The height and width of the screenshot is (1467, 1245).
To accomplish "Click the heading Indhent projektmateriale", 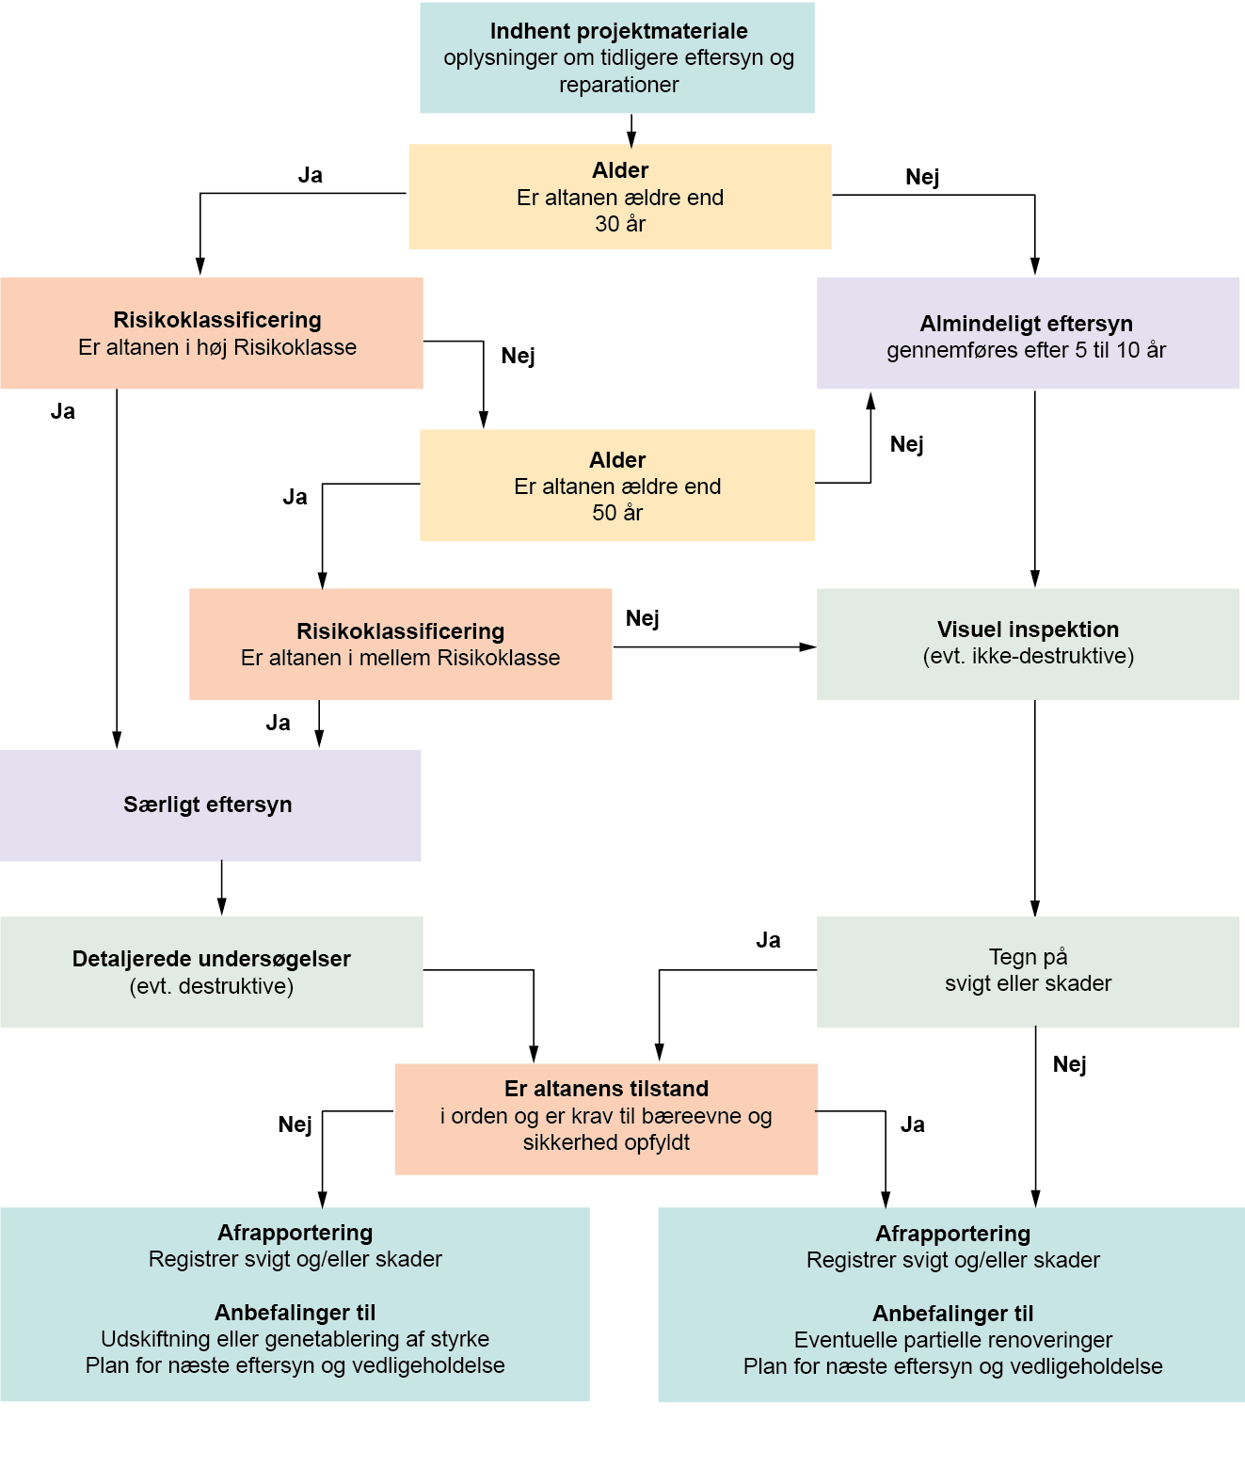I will pos(618,31).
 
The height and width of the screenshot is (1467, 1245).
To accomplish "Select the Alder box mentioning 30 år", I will pos(619,197).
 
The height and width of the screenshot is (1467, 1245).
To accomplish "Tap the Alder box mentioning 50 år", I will pos(616,486).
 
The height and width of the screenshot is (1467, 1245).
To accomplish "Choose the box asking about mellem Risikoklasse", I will pos(400,645).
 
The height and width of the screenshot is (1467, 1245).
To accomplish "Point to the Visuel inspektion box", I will pos(1027,644).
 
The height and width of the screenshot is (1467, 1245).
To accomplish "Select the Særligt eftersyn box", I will pos(209,805).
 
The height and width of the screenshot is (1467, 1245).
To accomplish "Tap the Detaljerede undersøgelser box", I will pos(211,972).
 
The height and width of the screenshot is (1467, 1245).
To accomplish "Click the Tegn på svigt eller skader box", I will pos(1027,971).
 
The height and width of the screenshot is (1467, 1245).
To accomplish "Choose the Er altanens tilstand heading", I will pos(606,1089).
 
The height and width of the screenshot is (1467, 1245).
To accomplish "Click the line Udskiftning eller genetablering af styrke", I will pos(295,1339).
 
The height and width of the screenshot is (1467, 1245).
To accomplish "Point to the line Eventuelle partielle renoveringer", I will pos(952,1340).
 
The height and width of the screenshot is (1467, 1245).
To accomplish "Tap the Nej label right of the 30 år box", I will pos(922,177).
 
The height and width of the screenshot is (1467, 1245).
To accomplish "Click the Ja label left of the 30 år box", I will pos(310,175).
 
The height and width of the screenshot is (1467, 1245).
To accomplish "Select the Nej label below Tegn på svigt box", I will pos(1069,1064).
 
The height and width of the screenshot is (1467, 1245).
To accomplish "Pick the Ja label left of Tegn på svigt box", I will pos(768,940).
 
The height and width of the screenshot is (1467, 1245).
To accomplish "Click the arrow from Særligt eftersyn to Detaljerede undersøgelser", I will pos(222,887).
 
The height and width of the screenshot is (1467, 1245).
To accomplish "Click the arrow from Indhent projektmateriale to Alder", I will pos(631,129).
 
